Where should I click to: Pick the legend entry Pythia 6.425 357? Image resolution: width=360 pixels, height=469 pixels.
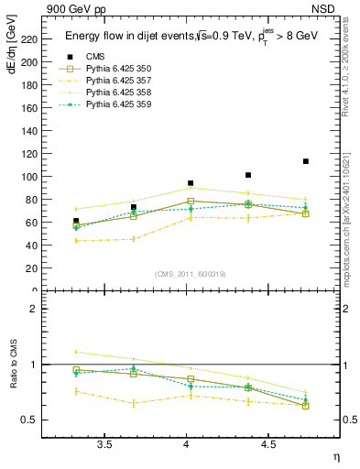[x=120, y=82]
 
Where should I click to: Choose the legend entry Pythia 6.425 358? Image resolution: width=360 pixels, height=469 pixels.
[x=120, y=93]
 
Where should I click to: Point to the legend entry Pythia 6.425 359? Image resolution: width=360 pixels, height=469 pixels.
[x=120, y=105]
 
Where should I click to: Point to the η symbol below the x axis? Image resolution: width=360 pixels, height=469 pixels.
[x=334, y=456]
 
